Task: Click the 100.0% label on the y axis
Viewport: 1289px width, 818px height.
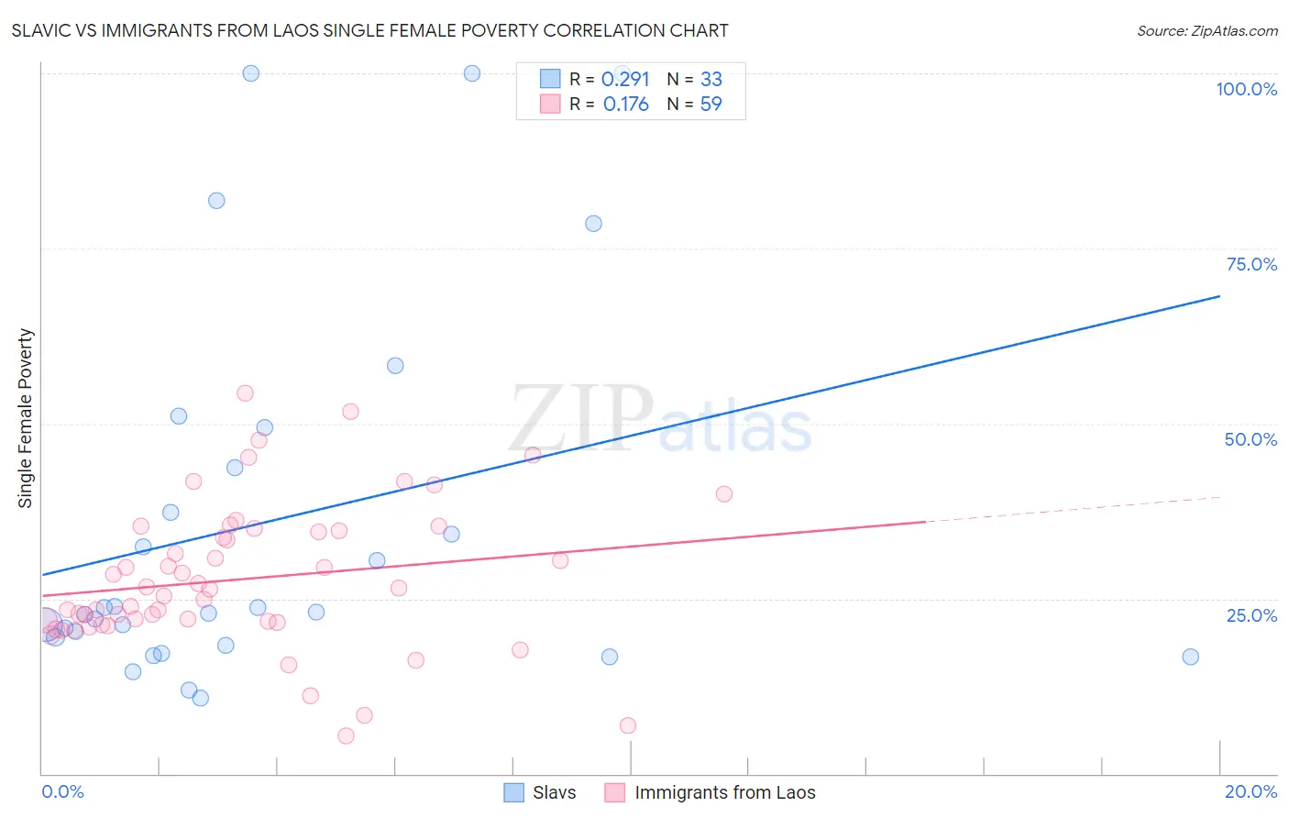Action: pos(1246,89)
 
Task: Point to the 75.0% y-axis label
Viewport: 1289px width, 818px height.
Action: pos(1251,264)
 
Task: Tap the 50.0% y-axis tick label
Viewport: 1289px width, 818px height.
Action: pos(1250,439)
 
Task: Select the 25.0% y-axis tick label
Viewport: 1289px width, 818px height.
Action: pos(1251,615)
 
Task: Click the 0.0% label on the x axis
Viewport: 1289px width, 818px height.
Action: pos(62,791)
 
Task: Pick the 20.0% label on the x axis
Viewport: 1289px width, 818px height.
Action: pos(1250,791)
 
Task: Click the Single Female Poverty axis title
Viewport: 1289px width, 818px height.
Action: pos(26,418)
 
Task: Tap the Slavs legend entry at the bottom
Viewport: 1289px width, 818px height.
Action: pos(554,792)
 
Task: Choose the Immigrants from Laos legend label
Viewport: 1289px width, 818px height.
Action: pos(724,792)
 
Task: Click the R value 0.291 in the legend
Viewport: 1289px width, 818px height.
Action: pos(625,80)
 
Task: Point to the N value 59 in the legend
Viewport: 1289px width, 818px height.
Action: pos(711,105)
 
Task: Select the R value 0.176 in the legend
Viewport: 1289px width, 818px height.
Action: pos(625,105)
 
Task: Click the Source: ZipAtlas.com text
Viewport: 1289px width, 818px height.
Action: pos(1206,31)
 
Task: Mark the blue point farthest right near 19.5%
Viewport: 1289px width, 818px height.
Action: pos(1190,657)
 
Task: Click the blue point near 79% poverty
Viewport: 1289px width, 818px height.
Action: pos(593,224)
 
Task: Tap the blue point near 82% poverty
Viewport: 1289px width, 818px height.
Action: pos(216,201)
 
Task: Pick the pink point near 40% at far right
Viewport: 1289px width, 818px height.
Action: pos(723,494)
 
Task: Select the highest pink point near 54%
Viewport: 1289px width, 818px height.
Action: pos(245,393)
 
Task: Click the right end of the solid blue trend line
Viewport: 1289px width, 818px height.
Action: pos(1219,296)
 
